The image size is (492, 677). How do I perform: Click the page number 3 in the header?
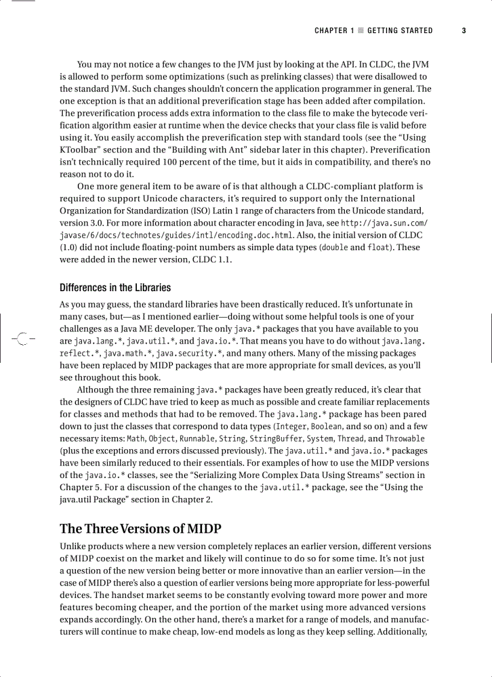(x=464, y=31)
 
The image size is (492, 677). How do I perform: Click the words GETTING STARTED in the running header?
(x=400, y=31)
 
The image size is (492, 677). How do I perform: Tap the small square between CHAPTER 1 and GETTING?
(x=361, y=31)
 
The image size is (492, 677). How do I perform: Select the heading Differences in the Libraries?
(x=115, y=288)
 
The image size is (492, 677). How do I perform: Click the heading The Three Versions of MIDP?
(x=140, y=529)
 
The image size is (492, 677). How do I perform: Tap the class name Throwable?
(x=405, y=438)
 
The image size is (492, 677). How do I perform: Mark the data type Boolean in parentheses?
(x=326, y=426)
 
